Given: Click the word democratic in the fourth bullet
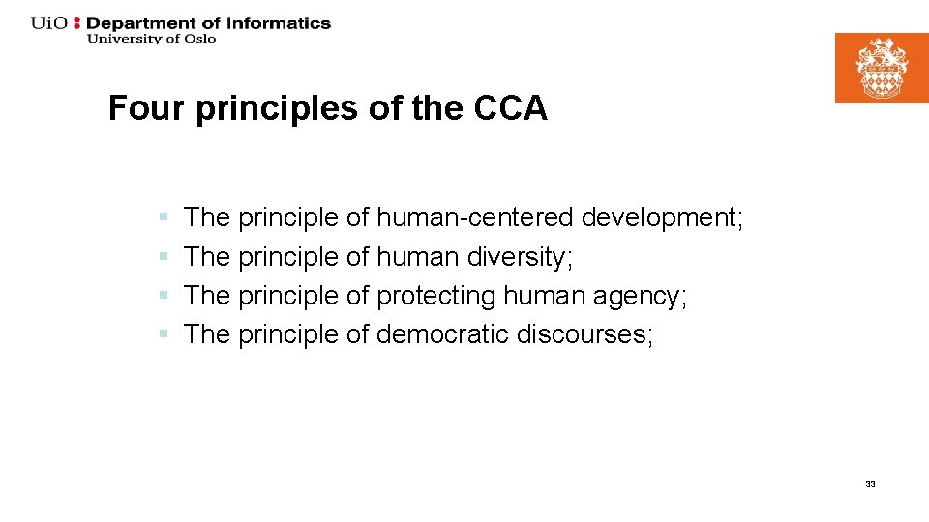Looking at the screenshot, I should pos(442,334).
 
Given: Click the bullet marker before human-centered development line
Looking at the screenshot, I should pos(165,218).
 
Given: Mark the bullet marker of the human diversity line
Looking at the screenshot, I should pos(165,257).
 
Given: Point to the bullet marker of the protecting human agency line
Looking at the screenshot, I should pos(165,296).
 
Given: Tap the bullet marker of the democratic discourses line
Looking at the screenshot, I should pos(165,334).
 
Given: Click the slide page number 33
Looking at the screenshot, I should pos(870,484).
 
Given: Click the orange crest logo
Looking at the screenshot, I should pos(882,68).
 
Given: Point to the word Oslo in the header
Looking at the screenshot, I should pos(198,39).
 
